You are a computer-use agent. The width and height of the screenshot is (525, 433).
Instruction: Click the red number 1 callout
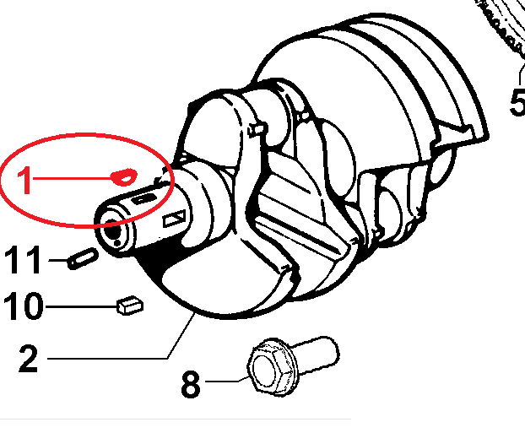click(x=25, y=180)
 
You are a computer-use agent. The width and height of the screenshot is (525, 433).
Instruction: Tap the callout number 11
click(x=23, y=260)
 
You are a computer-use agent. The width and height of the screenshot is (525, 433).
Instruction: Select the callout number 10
click(x=23, y=306)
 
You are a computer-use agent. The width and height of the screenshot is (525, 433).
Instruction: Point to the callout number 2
click(x=29, y=359)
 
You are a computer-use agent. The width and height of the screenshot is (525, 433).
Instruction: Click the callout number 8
click(x=191, y=384)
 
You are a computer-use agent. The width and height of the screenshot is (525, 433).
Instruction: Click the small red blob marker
click(x=124, y=176)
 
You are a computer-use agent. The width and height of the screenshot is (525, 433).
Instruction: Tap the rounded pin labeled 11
click(x=83, y=258)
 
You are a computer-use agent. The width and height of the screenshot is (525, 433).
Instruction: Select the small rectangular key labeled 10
click(x=130, y=305)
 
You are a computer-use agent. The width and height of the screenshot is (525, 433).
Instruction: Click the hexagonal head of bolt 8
click(x=271, y=367)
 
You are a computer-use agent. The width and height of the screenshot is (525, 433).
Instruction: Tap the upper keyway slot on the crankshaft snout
click(x=144, y=198)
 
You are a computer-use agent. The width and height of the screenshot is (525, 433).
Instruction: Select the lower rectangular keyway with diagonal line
click(x=174, y=219)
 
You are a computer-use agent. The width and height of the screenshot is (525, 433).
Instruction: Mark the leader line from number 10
click(x=82, y=306)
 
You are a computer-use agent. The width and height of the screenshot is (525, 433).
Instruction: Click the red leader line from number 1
click(x=73, y=178)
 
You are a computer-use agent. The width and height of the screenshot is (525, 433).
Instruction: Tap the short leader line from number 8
click(x=227, y=380)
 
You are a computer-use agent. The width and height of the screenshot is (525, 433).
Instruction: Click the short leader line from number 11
click(x=58, y=260)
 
